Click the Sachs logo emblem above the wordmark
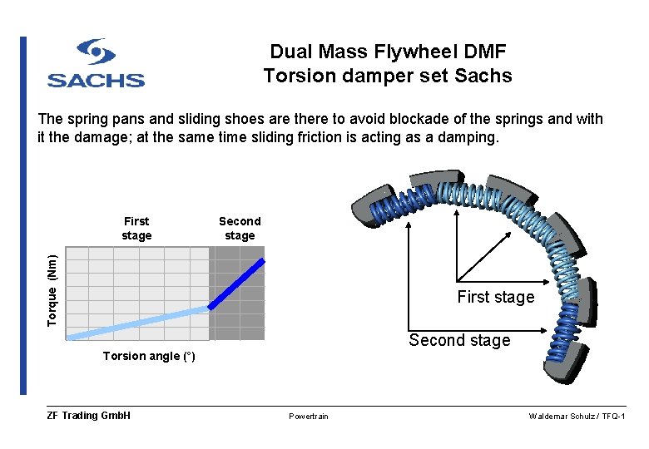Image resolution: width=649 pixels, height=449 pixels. click(x=96, y=52)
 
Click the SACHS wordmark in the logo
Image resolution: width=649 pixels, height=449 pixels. click(x=96, y=80)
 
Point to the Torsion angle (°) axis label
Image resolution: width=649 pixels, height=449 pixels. click(x=149, y=357)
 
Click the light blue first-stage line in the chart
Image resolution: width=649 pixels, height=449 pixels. click(x=137, y=322)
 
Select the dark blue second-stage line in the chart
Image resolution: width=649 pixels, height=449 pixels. click(x=237, y=284)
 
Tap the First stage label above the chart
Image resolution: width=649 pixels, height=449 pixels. click(x=136, y=229)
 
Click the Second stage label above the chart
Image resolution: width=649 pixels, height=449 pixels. click(x=240, y=229)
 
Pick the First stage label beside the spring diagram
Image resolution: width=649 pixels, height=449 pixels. click(x=495, y=298)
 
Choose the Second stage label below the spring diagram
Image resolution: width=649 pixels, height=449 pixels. click(x=459, y=340)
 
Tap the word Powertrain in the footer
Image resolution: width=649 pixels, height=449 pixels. click(x=308, y=417)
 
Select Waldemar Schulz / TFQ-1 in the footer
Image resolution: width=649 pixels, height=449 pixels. click(x=577, y=416)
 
